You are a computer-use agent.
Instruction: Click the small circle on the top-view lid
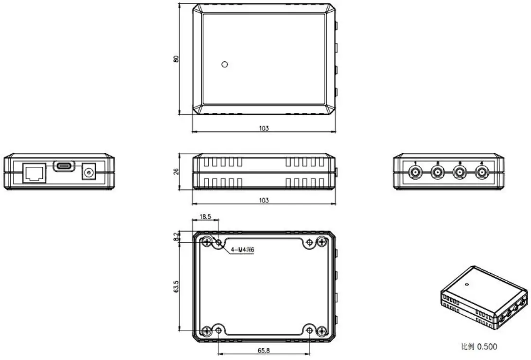224,64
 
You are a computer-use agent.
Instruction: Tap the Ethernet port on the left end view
35,173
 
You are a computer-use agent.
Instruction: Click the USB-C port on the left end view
64,166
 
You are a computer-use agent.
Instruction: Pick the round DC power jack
89,172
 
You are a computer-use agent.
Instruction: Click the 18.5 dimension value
205,217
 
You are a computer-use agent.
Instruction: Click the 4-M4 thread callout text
243,250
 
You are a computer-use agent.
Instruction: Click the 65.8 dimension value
264,350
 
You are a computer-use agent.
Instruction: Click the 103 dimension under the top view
264,128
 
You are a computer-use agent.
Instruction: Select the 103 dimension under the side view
264,200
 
